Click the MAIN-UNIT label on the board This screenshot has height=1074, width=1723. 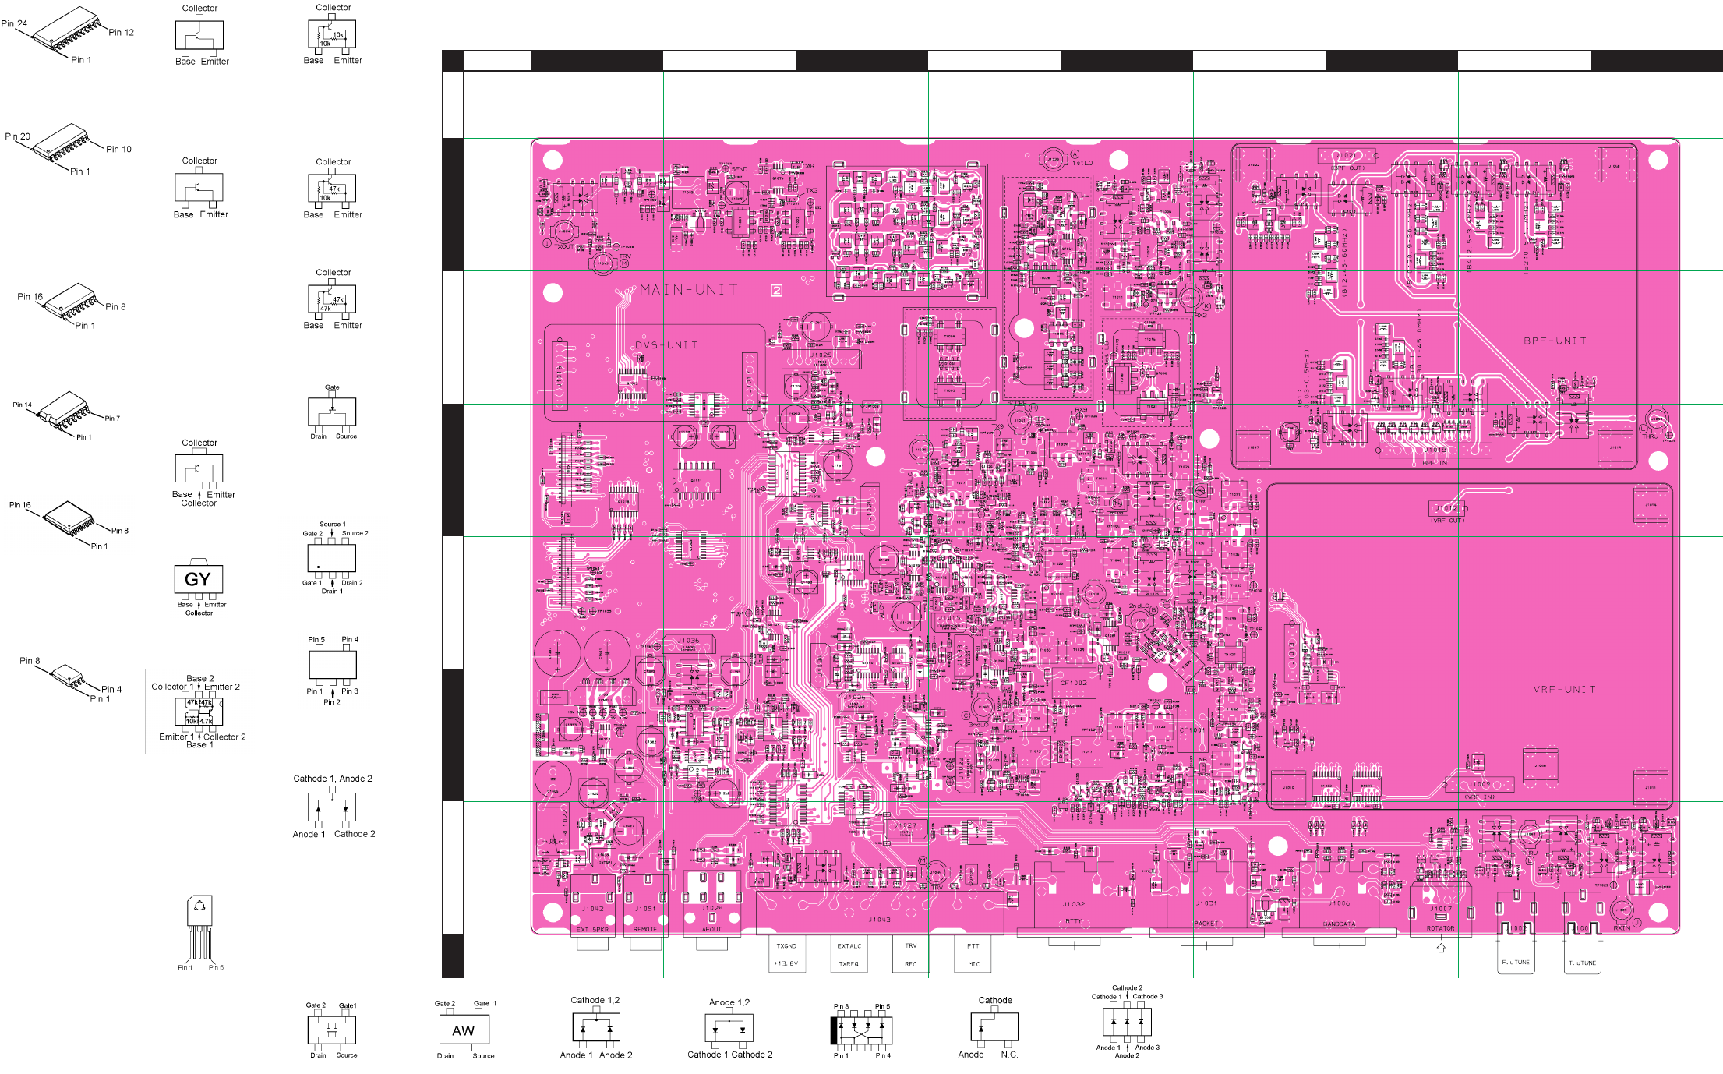coord(689,290)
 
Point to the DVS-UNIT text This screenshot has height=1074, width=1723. coord(666,345)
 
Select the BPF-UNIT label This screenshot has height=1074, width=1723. coord(1555,341)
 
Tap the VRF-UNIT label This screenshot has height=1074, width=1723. coord(1564,690)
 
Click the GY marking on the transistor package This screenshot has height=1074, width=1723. coord(198,579)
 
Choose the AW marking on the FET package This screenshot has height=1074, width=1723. coord(464,1030)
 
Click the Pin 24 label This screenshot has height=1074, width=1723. coord(14,23)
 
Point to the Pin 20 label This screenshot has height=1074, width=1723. coord(17,136)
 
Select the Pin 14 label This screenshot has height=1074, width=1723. coord(22,405)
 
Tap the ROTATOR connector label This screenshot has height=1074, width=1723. coord(1440,928)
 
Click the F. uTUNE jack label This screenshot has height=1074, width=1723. coord(1515,963)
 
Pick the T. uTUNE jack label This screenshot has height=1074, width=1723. coord(1582,963)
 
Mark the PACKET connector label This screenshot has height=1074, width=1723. coord(1206,924)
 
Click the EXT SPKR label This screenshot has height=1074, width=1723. coord(592,930)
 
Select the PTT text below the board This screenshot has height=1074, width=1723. coord(973,946)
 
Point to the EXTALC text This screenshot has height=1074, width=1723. coord(849,946)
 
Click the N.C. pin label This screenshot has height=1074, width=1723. coord(1009,1055)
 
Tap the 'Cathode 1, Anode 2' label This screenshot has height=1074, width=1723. coord(333,779)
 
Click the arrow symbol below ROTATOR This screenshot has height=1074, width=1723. coord(1441,949)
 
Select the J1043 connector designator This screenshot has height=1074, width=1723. coord(880,920)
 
